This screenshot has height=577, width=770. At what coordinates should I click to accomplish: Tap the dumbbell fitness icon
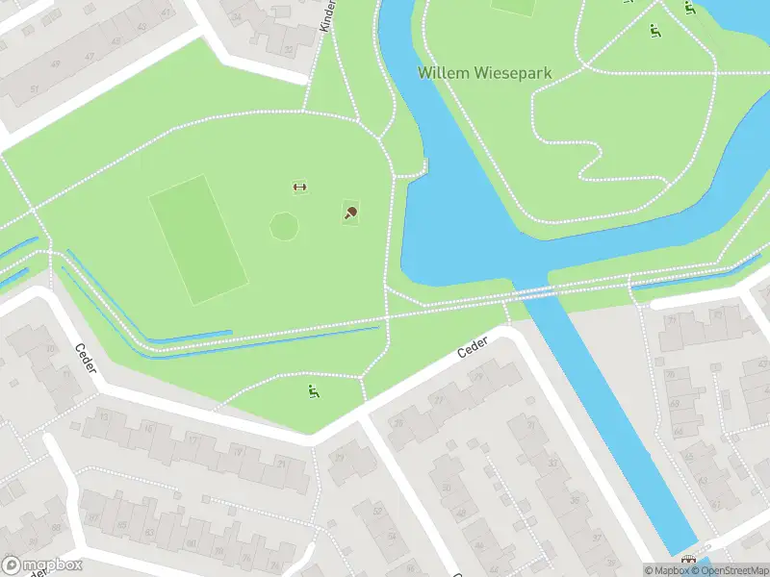point(298,187)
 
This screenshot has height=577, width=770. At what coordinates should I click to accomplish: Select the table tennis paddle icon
point(351,213)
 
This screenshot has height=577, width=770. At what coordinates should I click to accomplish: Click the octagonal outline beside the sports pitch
point(284,226)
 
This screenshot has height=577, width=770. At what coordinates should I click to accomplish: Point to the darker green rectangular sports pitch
point(197,238)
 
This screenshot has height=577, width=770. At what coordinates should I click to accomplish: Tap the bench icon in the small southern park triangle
point(313,390)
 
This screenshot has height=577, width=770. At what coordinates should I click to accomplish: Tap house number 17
point(192,440)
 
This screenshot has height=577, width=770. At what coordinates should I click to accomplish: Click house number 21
point(281,464)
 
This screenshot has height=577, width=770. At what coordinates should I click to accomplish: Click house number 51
point(35,88)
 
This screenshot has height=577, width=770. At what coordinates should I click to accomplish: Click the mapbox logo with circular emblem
point(43,565)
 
